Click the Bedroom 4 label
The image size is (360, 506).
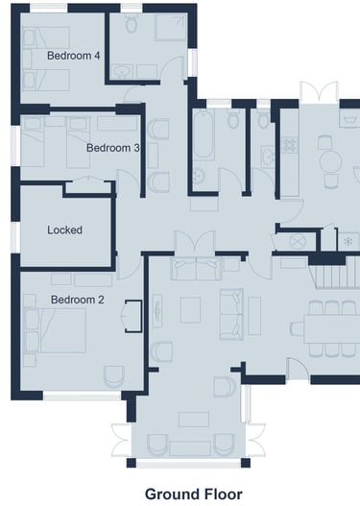tap(74, 56)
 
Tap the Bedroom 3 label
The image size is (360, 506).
tap(113, 148)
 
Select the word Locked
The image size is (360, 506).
tap(65, 230)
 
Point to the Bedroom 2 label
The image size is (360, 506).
tap(78, 300)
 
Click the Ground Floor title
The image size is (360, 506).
tap(194, 494)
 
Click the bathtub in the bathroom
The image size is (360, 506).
tap(204, 134)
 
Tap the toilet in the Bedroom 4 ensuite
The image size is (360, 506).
tap(132, 23)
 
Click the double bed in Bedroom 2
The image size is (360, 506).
tap(55, 330)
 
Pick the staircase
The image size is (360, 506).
tap(334, 277)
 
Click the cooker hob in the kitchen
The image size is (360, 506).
tap(290, 146)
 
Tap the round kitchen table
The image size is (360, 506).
tap(330, 161)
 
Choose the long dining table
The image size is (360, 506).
tap(331, 328)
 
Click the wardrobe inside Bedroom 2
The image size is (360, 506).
tap(133, 316)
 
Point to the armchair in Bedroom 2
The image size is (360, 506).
tap(114, 376)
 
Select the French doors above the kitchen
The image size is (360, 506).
tap(319, 90)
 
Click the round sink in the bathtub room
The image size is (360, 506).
tap(199, 177)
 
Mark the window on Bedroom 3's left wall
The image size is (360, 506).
tap(15, 146)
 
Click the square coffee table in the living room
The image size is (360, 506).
tap(190, 310)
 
